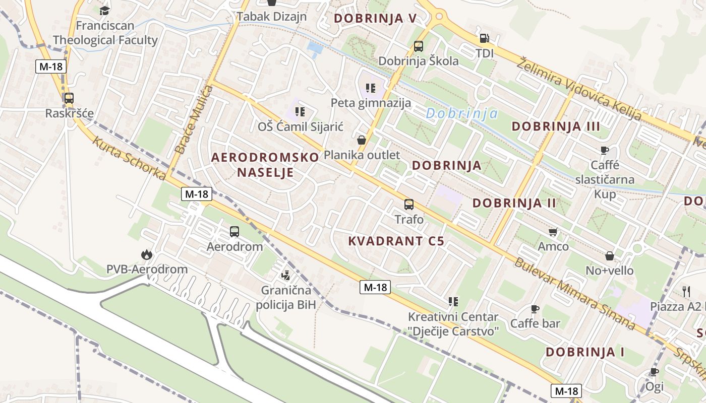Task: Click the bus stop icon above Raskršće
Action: (x=69, y=98)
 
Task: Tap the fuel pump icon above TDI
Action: (x=484, y=38)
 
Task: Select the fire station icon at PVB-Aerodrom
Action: (x=147, y=254)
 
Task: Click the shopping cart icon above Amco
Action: (x=553, y=232)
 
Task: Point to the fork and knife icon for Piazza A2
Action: (x=686, y=291)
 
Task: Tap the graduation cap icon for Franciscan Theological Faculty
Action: (x=105, y=11)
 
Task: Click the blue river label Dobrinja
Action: (x=461, y=114)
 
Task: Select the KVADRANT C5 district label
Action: (x=396, y=241)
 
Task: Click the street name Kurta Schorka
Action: (x=129, y=158)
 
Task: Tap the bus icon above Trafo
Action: (x=409, y=205)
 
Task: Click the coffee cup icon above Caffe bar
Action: (x=535, y=309)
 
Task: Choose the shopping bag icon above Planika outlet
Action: (x=362, y=140)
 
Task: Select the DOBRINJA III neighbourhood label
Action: (x=556, y=126)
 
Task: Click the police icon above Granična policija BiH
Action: (x=285, y=275)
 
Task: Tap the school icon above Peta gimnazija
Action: (x=371, y=88)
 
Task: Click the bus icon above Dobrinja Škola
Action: (x=419, y=46)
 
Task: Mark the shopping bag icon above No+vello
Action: (x=609, y=256)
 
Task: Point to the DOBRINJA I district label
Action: (x=585, y=352)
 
